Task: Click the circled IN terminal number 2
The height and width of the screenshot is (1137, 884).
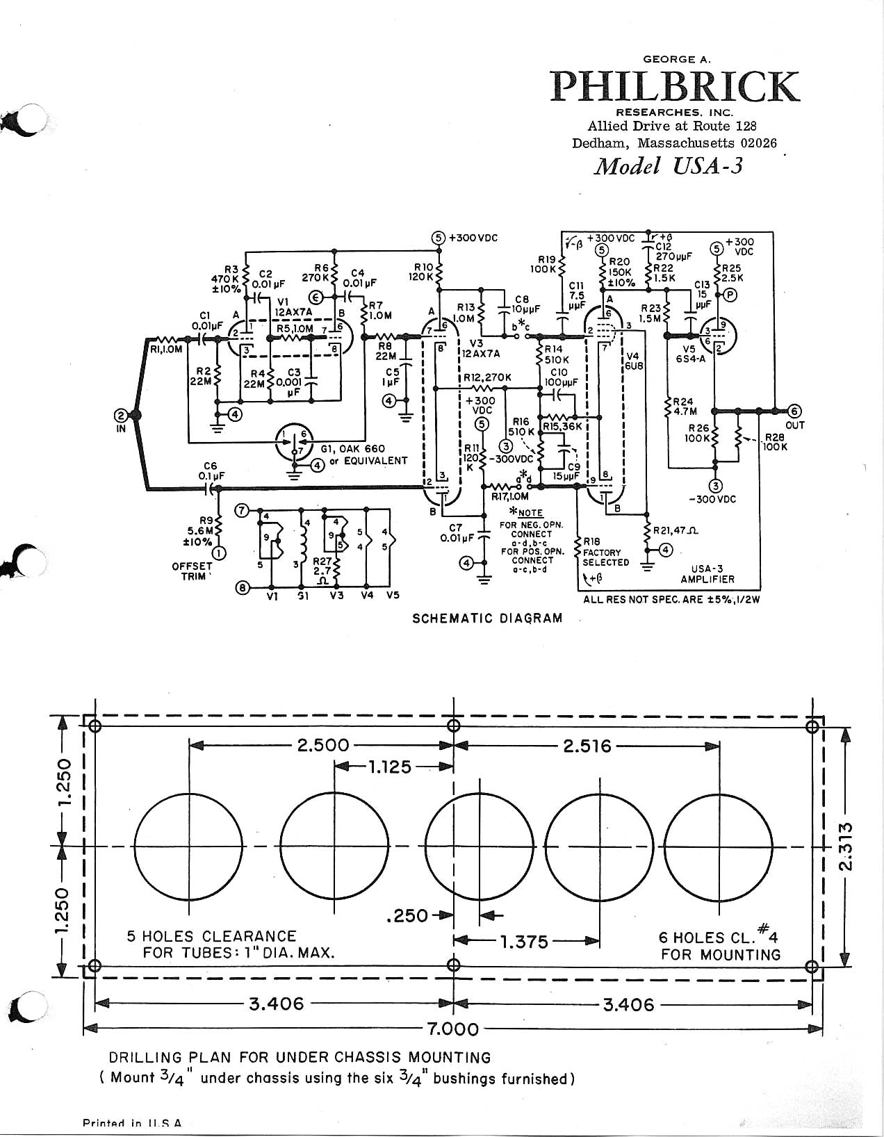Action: pyautogui.click(x=121, y=416)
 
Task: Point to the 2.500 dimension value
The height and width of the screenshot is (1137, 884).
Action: pyautogui.click(x=322, y=746)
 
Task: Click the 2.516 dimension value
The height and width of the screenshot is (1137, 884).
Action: pyautogui.click(x=587, y=746)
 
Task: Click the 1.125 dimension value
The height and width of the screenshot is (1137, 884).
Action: pyautogui.click(x=389, y=767)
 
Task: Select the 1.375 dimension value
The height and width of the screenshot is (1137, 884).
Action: pyautogui.click(x=524, y=942)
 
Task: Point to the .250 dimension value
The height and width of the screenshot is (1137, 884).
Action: pyautogui.click(x=407, y=916)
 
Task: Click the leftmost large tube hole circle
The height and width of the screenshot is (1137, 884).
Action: pyautogui.click(x=188, y=846)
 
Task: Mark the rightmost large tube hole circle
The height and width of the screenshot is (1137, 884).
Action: pyautogui.click(x=719, y=846)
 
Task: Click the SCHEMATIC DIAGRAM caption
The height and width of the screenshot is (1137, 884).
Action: pyautogui.click(x=487, y=618)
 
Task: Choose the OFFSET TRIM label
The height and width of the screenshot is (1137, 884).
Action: pyautogui.click(x=192, y=571)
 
